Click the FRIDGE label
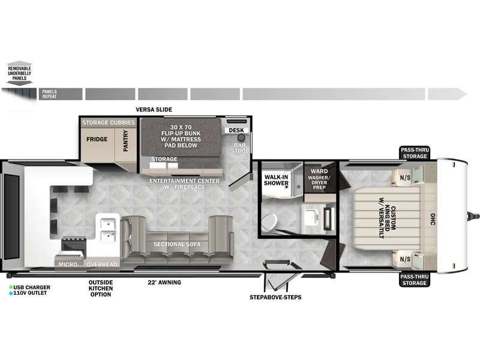click(97, 139)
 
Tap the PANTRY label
click(125, 140)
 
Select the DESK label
click(236, 130)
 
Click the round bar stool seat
click(242, 137)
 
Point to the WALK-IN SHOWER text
click(276, 180)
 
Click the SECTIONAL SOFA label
click(177, 244)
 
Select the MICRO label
click(68, 264)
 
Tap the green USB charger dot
click(11, 287)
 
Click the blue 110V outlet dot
click(11, 293)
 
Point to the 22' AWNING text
click(164, 282)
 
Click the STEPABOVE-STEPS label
click(275, 297)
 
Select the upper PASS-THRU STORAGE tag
click(415, 153)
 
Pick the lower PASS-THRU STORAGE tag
click(415, 280)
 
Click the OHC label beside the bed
click(432, 219)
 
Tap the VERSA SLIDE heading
click(154, 110)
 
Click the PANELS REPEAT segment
click(61, 94)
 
